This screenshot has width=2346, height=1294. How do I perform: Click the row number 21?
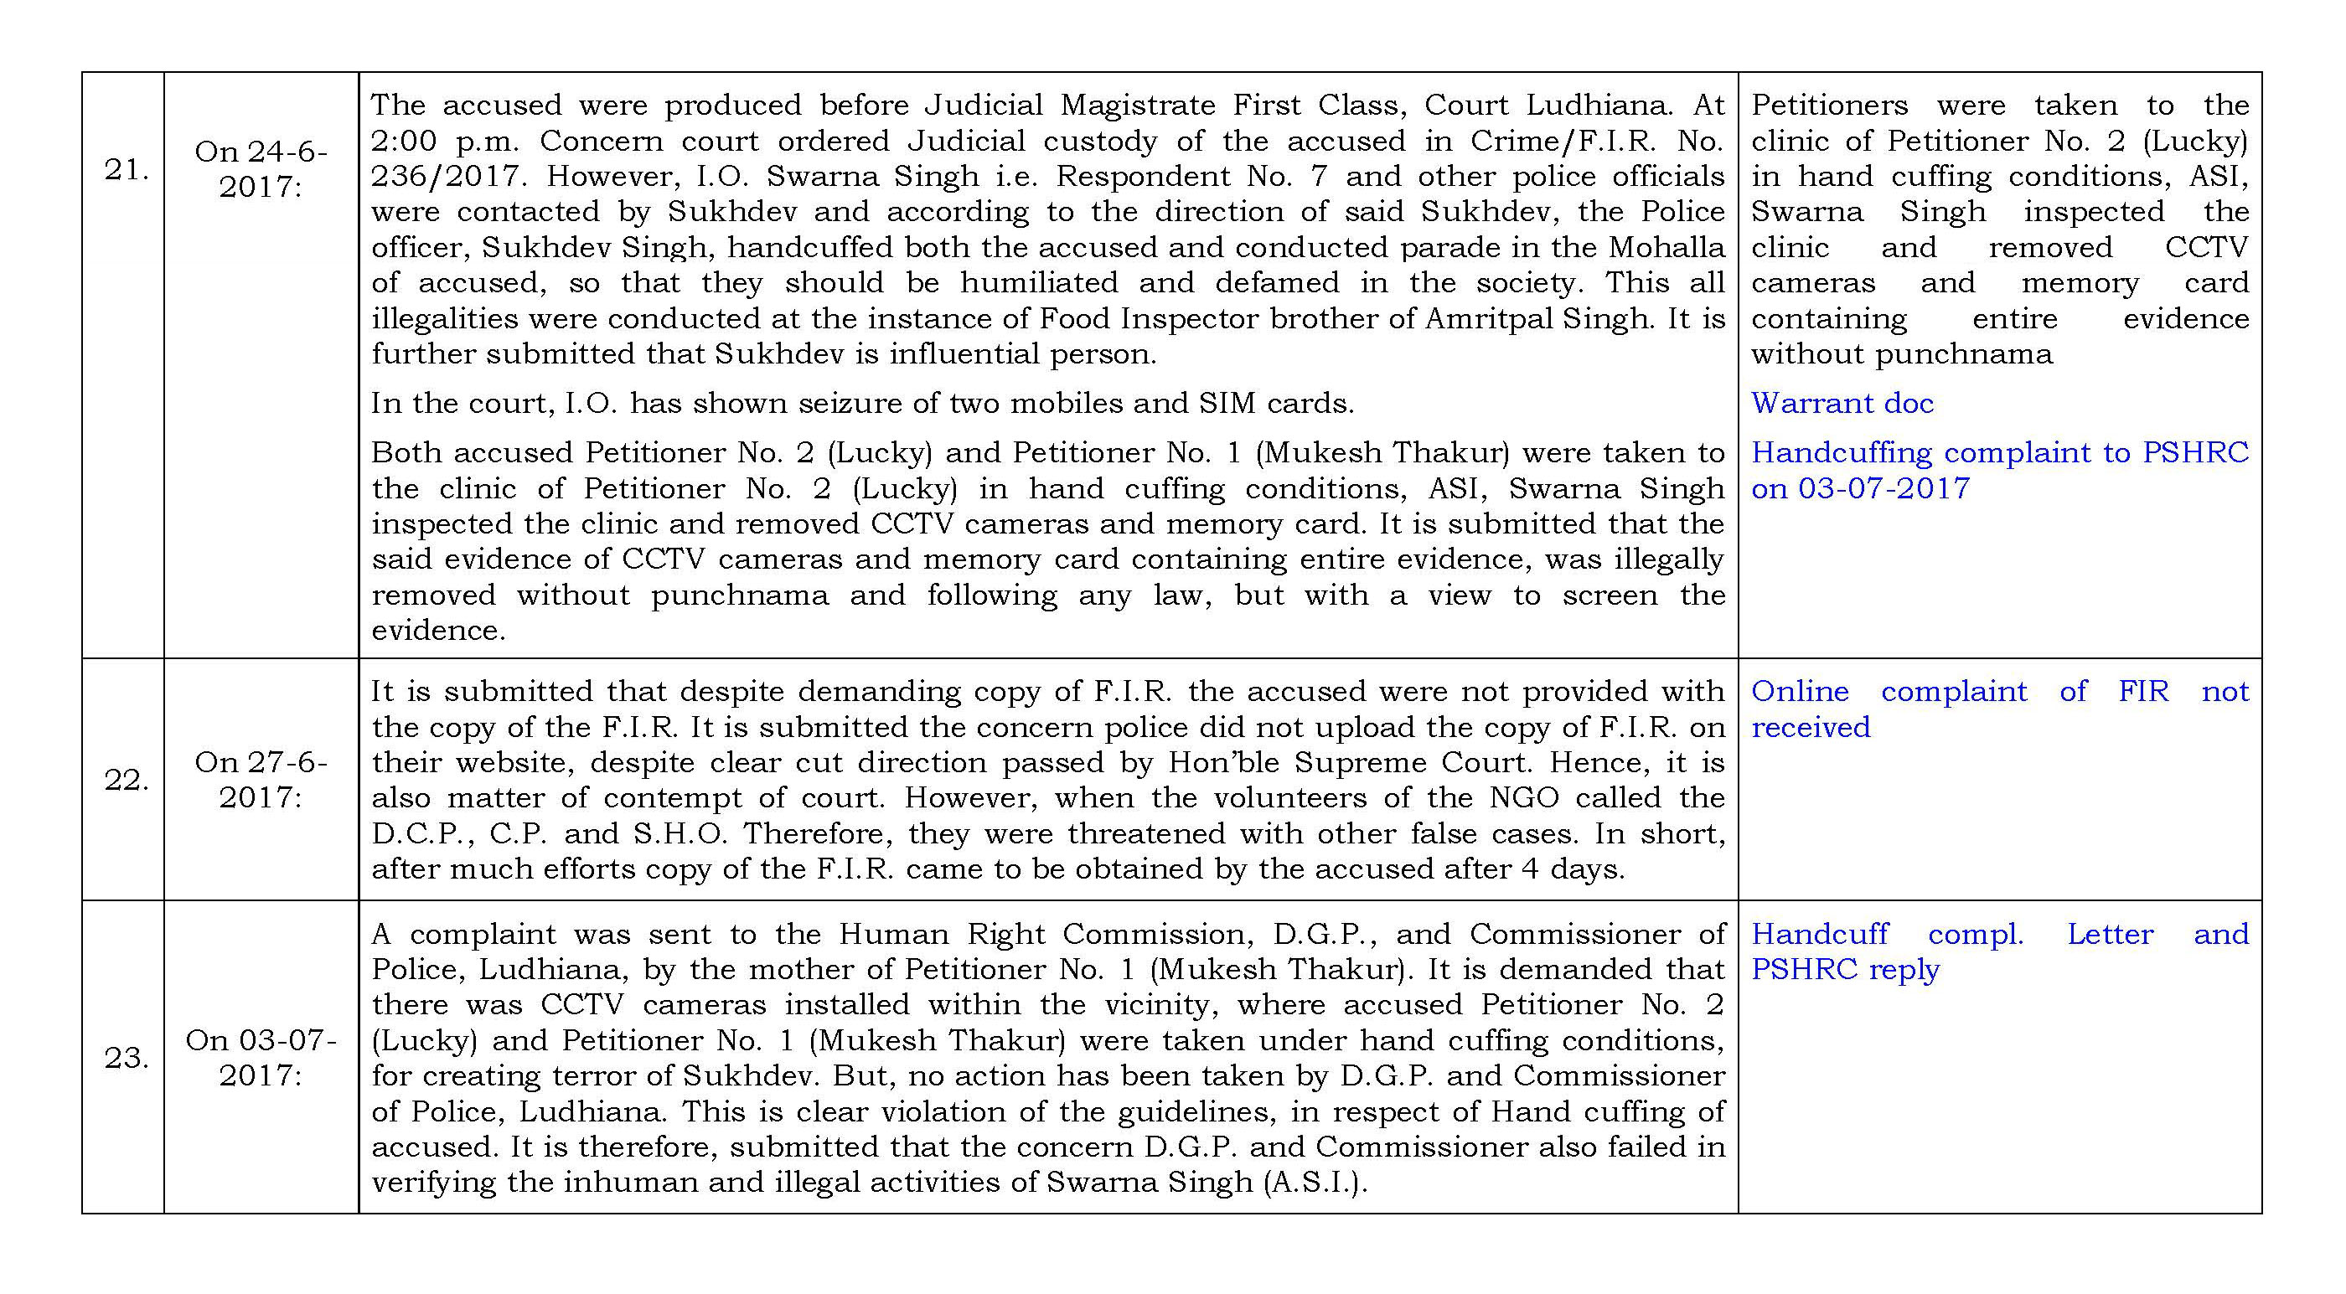pos(126,170)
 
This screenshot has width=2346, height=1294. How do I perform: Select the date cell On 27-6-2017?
pos(261,780)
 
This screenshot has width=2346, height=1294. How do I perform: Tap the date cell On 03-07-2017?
pos(261,1057)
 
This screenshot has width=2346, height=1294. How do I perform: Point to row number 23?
pos(126,1058)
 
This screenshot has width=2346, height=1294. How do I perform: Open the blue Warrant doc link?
pos(1842,404)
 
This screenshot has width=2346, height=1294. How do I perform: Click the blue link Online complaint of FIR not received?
pos(1999,709)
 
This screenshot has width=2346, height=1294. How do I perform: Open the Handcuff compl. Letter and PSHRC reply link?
pos(1999,951)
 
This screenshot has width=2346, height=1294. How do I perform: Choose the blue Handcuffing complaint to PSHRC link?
pos(1999,470)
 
